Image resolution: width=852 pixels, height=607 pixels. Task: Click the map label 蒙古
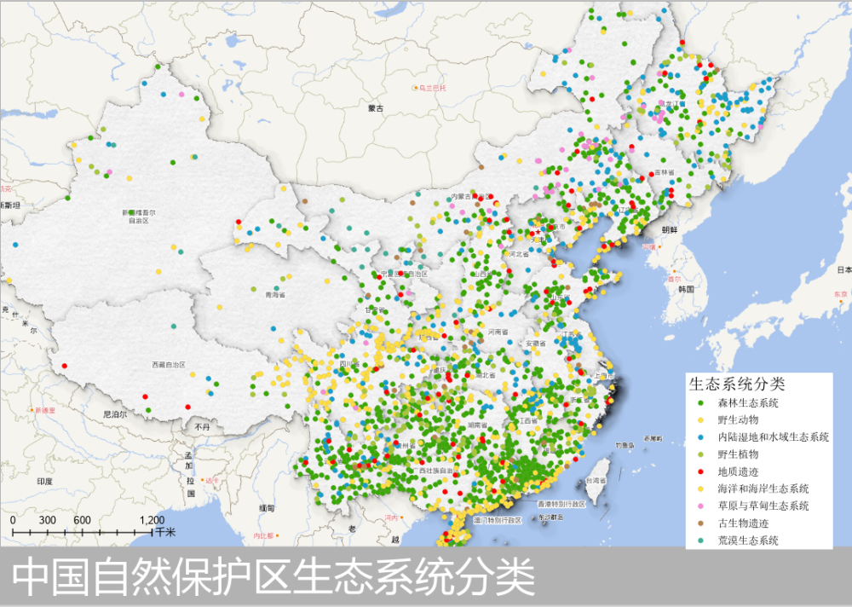coord(376,108)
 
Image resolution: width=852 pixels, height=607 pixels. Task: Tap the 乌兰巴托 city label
coord(432,88)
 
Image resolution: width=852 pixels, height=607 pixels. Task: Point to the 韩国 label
coord(688,289)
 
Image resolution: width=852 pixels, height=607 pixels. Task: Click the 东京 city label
coord(841,294)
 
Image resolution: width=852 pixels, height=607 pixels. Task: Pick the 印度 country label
coord(44,482)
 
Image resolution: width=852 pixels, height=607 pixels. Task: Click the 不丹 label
coord(202,426)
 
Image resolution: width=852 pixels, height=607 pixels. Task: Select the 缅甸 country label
coord(266,508)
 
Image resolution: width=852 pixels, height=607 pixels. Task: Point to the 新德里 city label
coord(45,410)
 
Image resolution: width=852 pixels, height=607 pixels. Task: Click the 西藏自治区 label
coord(169,364)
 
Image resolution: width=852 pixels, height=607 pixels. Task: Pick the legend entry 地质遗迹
coord(738,471)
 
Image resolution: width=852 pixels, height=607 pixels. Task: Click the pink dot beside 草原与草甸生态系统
coord(699,506)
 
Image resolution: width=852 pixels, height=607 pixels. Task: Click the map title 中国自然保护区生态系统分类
coord(273,577)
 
